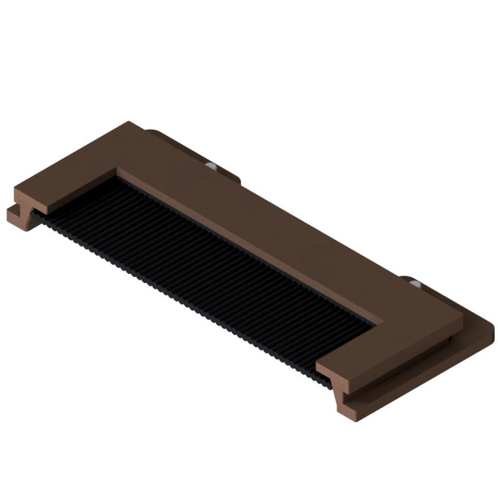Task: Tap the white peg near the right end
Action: [x=415, y=284]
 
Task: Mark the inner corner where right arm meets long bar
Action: [x=380, y=324]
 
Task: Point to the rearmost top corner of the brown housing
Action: [x=128, y=123]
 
